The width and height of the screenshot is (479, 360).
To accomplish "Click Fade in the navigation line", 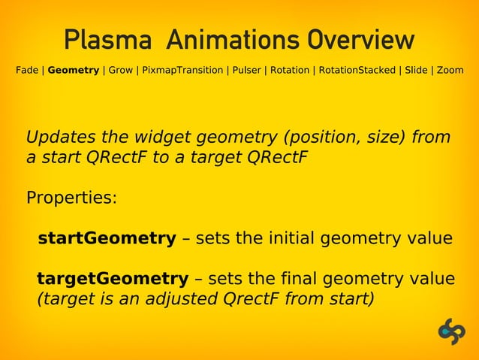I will click(x=27, y=71).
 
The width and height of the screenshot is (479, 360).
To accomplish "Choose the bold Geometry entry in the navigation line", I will click(x=74, y=71).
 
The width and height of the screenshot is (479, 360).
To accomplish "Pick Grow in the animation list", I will click(x=121, y=71).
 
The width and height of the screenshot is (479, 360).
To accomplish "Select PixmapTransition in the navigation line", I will click(x=181, y=71).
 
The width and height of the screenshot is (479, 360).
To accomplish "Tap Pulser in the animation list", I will click(x=246, y=71).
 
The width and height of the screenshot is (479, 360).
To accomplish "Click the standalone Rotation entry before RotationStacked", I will click(x=290, y=71).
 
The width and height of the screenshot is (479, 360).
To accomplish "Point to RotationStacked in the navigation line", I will click(x=357, y=71).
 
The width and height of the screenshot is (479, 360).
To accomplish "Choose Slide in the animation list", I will click(x=417, y=71).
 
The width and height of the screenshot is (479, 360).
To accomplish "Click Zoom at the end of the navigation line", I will click(x=450, y=71).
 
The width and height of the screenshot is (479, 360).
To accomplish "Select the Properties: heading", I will click(x=72, y=199).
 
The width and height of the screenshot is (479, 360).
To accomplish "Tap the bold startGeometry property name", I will click(x=107, y=239).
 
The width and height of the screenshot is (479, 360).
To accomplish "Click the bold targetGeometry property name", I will click(x=113, y=279).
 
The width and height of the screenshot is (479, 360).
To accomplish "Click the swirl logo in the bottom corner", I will click(x=452, y=331).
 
